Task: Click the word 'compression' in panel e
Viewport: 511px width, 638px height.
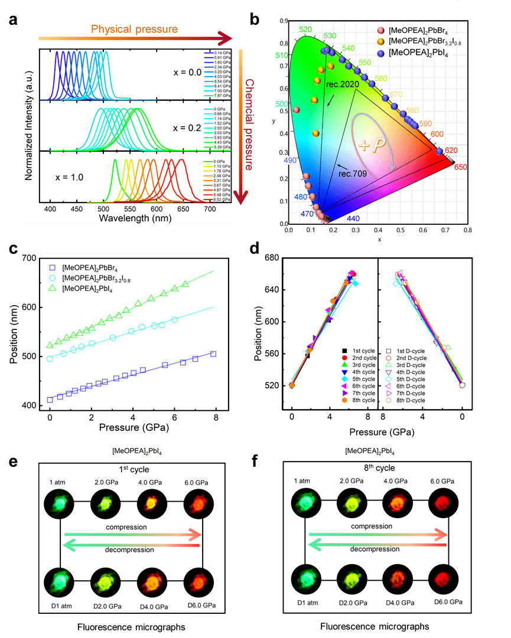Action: tap(131, 526)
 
